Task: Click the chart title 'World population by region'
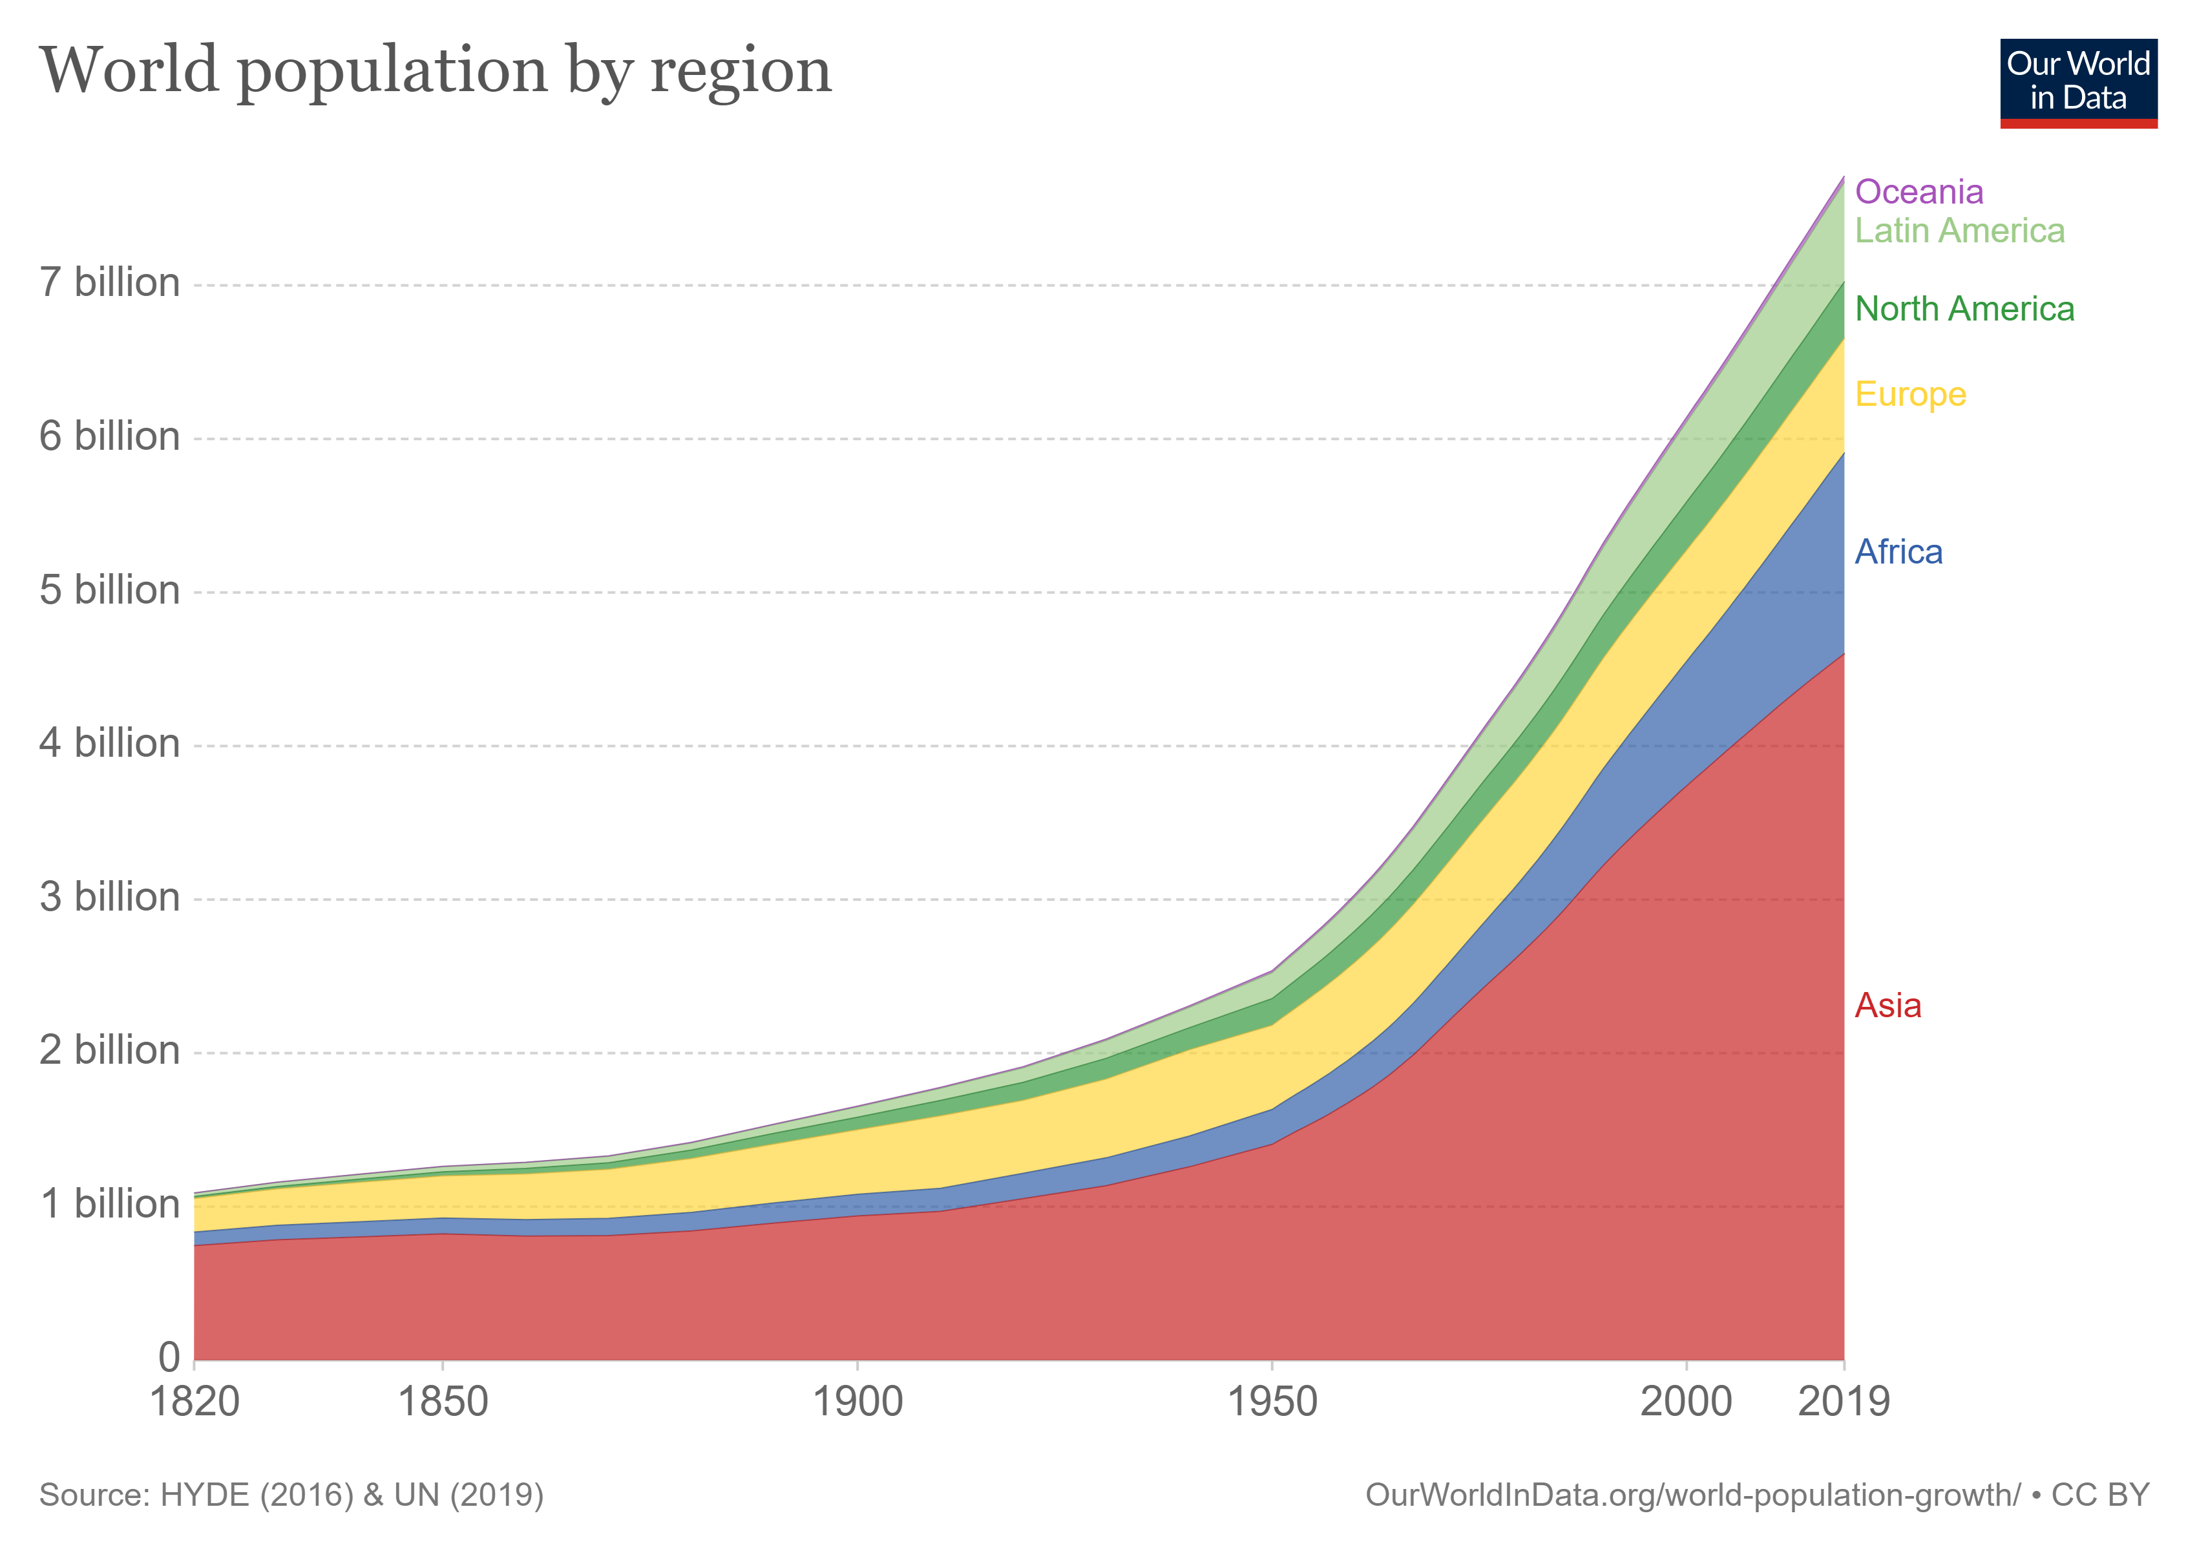[x=436, y=72]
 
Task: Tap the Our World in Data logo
[x=2077, y=82]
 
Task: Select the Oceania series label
[x=1918, y=193]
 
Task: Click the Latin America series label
[x=1959, y=231]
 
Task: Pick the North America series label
[x=1964, y=309]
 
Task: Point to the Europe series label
[x=1910, y=394]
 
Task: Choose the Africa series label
[x=1898, y=552]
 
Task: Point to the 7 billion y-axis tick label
[x=109, y=283]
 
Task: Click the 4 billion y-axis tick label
[x=109, y=743]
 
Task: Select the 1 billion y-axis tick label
[x=109, y=1205]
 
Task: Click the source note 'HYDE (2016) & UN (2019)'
[x=351, y=1495]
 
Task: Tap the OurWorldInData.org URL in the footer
[x=1692, y=1495]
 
